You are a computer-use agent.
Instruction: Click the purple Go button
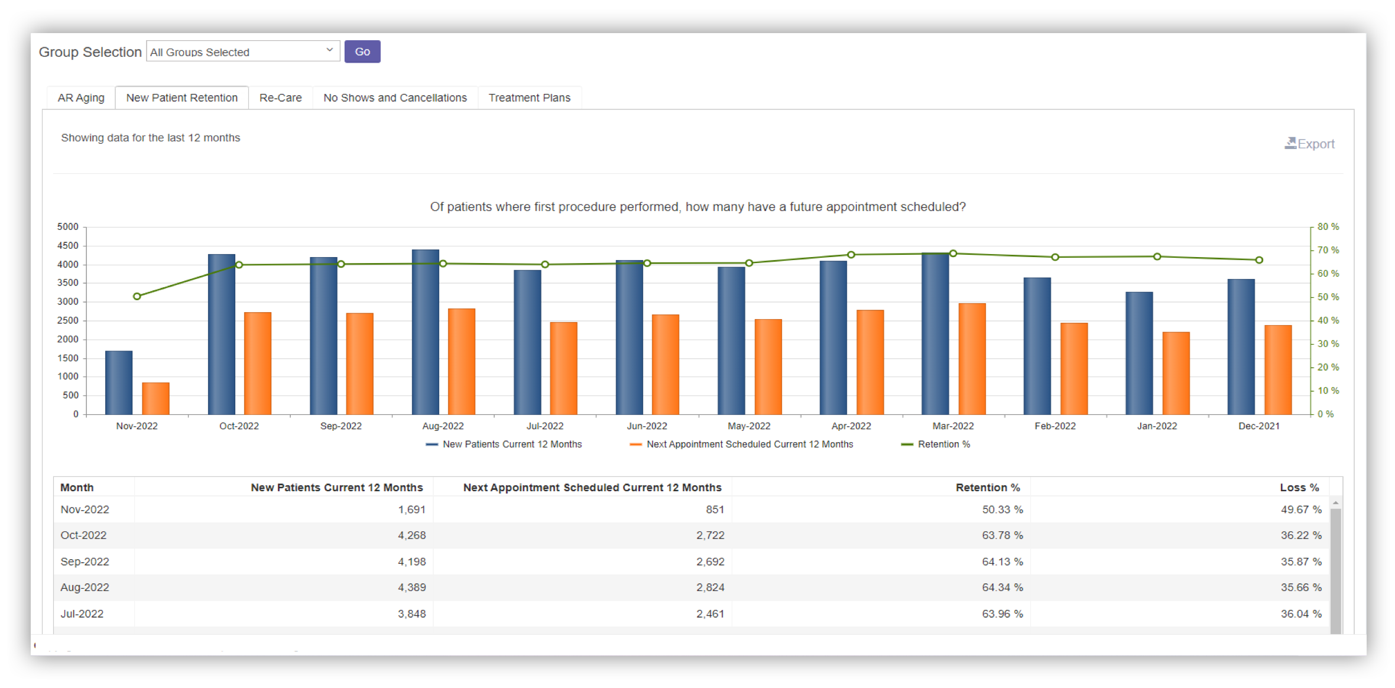(362, 51)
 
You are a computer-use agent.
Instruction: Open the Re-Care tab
(280, 98)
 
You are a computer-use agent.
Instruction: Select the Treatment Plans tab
(529, 98)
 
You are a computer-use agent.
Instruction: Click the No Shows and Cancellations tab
(395, 98)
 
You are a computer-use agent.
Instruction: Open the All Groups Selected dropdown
(242, 51)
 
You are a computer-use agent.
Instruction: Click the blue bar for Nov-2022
(119, 382)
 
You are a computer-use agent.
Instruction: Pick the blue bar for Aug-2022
(426, 332)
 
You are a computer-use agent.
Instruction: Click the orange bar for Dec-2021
(1277, 369)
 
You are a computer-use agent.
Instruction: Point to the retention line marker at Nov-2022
(137, 296)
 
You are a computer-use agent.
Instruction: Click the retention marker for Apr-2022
(851, 255)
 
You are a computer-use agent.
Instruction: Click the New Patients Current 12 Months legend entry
(511, 444)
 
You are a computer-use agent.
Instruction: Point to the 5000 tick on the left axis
(67, 226)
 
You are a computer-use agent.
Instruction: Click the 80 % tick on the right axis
(1328, 226)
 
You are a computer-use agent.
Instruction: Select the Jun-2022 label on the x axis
(647, 426)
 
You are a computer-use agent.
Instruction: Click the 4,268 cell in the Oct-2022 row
(411, 535)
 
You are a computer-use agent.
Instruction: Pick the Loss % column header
(1299, 487)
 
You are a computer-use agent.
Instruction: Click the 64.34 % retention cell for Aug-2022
(1002, 587)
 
